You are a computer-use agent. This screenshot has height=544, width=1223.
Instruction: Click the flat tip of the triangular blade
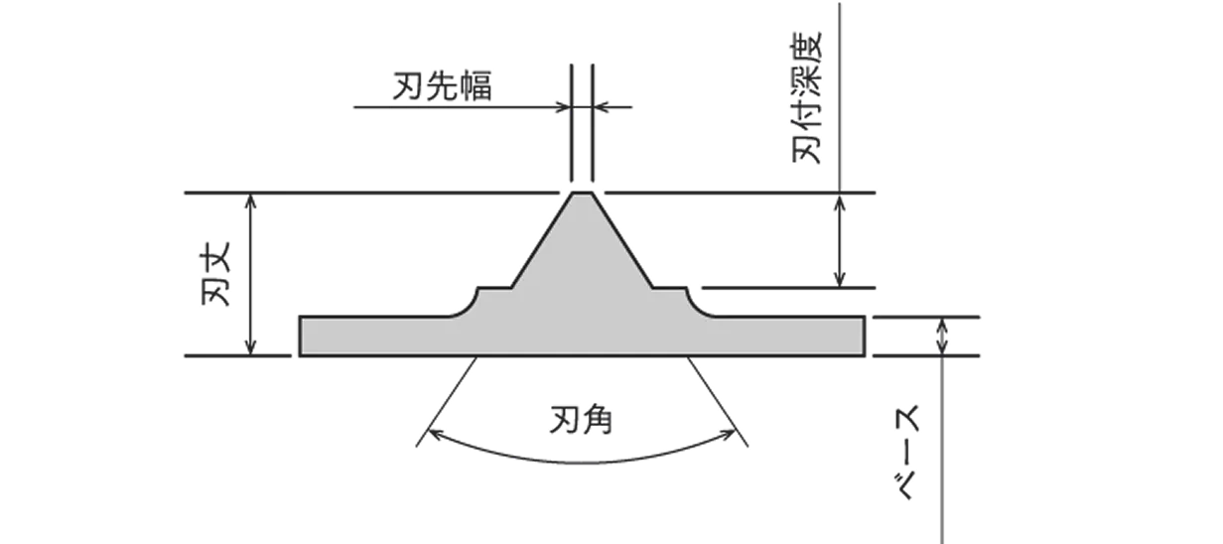tap(582, 194)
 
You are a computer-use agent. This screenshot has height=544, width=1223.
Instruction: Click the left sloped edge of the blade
tap(543, 243)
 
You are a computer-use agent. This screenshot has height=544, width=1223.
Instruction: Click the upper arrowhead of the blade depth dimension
tap(842, 202)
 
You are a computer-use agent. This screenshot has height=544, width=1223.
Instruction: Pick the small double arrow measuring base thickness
tap(941, 336)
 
